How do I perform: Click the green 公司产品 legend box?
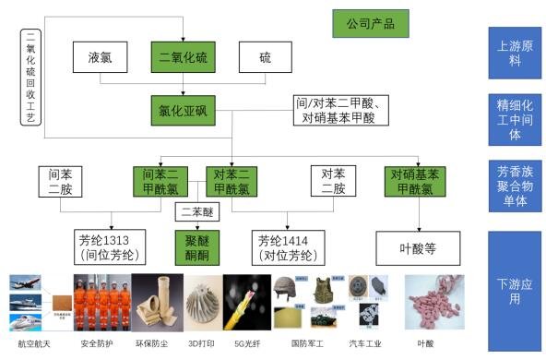370,23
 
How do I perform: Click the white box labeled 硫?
266,59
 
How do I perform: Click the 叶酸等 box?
418,247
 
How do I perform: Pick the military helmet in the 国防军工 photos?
286,288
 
